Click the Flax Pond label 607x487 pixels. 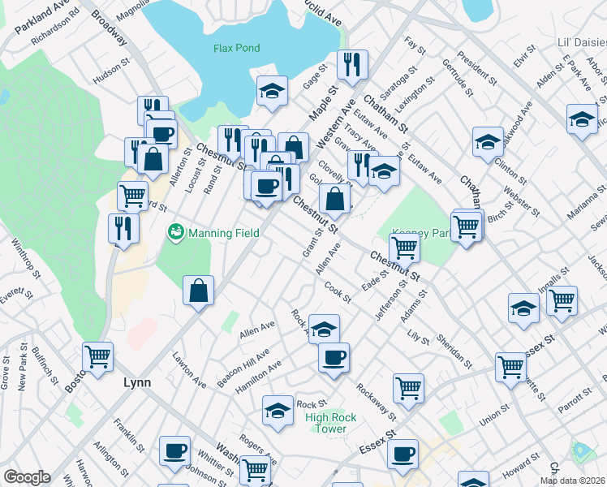click(236, 48)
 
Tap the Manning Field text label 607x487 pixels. click(223, 233)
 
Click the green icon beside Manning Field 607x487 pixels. click(174, 233)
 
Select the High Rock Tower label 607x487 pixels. click(331, 423)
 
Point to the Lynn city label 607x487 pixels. click(138, 381)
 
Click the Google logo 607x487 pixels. click(27, 477)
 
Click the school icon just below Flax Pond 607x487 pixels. click(273, 92)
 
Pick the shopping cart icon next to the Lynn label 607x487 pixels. click(98, 356)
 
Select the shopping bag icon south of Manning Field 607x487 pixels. click(198, 291)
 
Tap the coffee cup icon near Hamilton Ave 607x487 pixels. click(333, 357)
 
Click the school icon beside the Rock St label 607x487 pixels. click(278, 410)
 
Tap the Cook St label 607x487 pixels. click(337, 293)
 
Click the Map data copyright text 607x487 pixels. click(573, 481)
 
